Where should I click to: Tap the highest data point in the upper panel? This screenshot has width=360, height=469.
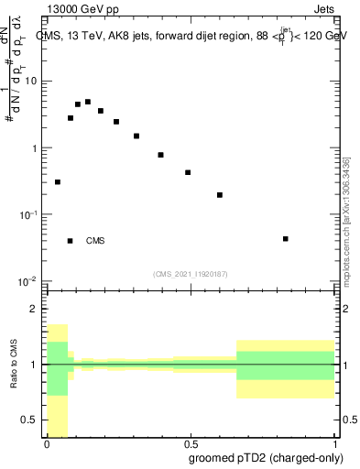pos(88,102)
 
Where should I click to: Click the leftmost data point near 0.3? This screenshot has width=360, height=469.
pos(58,182)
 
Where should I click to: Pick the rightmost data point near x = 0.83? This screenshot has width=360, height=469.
pos(286,239)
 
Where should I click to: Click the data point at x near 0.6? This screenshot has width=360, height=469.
pos(220,195)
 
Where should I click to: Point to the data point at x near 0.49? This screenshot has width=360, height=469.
pos(188,172)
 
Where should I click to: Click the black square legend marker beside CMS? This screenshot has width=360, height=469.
pos(70,241)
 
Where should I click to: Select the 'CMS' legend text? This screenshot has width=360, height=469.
pos(95,241)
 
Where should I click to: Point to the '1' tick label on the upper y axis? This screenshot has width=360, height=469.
pos(35,148)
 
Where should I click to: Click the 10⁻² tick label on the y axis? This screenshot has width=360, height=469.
pos(29,281)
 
